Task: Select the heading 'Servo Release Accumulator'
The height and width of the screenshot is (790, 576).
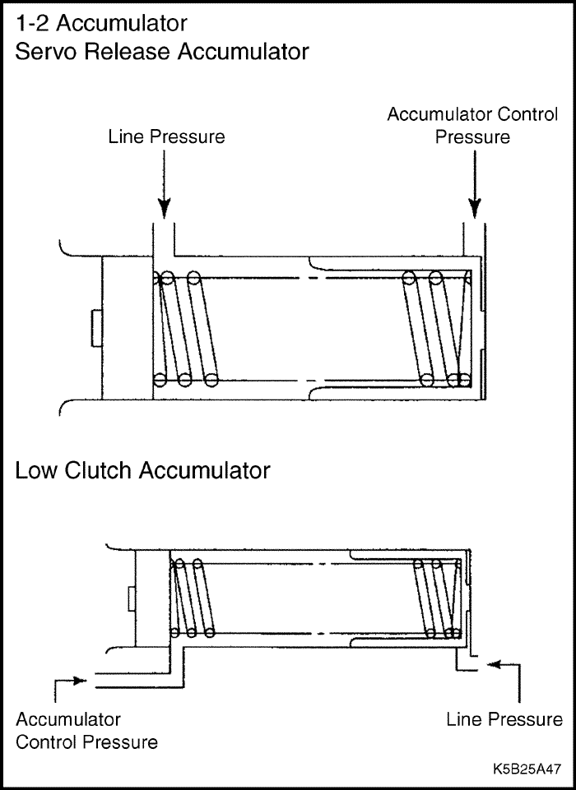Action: (x=162, y=52)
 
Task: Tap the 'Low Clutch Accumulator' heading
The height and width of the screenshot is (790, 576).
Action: (x=142, y=471)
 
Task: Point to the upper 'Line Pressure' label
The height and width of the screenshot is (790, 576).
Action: (x=166, y=136)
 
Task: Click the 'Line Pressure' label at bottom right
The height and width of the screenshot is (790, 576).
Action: (x=504, y=719)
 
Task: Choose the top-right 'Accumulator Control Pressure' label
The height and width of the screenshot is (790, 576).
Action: (x=472, y=126)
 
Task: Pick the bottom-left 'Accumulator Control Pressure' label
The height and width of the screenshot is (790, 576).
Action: (x=86, y=731)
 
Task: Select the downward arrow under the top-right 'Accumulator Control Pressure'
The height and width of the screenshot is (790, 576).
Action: (x=475, y=185)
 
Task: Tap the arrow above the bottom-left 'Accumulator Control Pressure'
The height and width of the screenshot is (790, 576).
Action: (x=70, y=681)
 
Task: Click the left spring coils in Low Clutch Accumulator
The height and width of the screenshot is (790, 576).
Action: (x=191, y=598)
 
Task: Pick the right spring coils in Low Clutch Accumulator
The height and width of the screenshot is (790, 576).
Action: (x=438, y=598)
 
